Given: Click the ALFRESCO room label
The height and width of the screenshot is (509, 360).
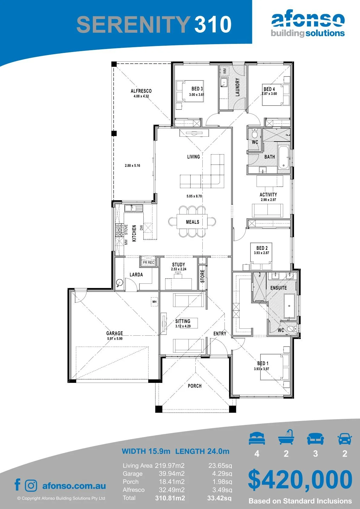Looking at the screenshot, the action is [141, 91].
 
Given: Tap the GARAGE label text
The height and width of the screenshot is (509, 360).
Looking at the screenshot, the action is [115, 333].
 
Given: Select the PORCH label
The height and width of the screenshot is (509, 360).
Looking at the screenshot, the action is [195, 386].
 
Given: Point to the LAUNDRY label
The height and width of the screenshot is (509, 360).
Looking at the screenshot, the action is [237, 87].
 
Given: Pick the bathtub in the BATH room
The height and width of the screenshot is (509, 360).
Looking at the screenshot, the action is [283, 157].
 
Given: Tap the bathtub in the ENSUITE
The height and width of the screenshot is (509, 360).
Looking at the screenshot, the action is [289, 306].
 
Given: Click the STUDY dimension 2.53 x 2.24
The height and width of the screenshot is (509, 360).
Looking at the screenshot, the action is [178, 269].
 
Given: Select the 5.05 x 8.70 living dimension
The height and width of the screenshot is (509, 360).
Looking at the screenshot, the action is [194, 196].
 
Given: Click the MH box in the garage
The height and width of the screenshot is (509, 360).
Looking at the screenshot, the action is [155, 302].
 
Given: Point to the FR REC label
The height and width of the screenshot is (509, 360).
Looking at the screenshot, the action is [149, 263].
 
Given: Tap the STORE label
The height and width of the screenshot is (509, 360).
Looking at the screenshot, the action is [202, 276].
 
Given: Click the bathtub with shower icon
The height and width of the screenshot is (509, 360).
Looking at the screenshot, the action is [286, 437].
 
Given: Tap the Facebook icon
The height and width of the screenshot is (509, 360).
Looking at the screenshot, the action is [18, 485].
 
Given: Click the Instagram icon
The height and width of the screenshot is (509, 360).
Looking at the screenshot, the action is [31, 485].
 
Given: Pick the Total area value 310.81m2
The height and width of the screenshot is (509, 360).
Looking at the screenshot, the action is [170, 498].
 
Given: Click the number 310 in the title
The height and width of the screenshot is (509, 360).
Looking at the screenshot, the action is [213, 24].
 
